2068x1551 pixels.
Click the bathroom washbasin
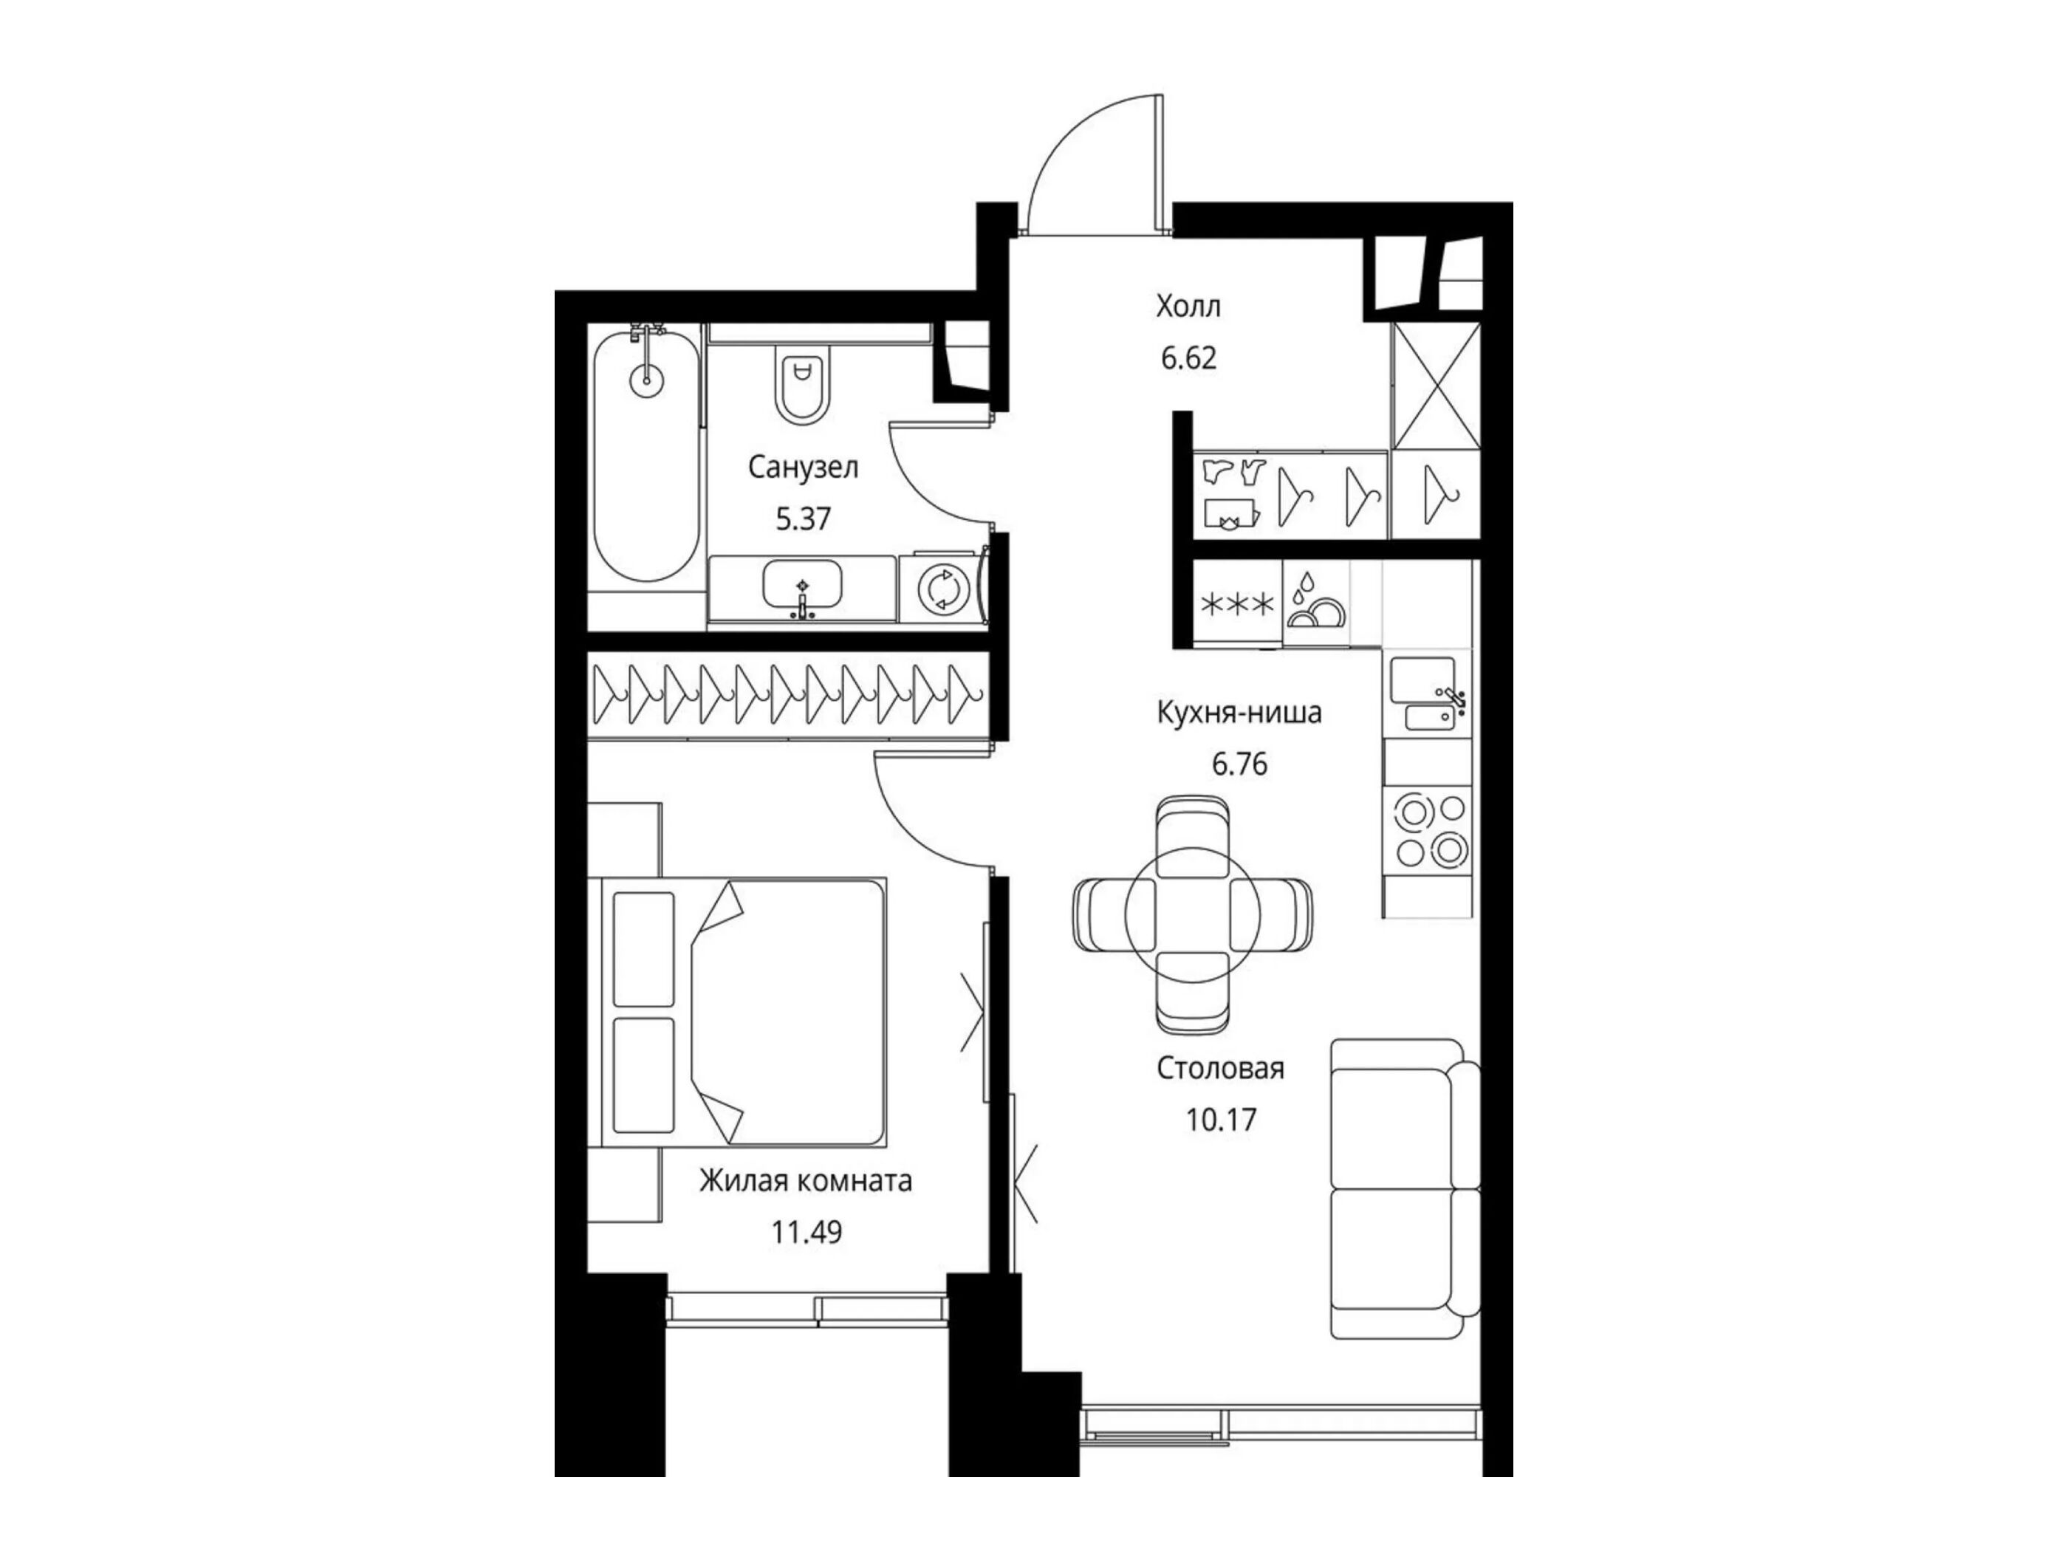point(802,586)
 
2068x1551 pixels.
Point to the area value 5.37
point(803,518)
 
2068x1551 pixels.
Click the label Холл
point(1188,307)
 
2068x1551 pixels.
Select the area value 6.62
point(1188,358)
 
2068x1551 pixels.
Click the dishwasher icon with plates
point(1316,603)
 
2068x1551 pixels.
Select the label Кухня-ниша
point(1239,713)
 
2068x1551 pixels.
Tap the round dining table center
point(1192,917)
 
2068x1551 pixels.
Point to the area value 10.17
point(1221,1119)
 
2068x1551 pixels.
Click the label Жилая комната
point(806,1182)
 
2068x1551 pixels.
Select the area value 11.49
point(806,1232)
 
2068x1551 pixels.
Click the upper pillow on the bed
point(643,948)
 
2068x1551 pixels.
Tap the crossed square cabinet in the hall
point(1436,386)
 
